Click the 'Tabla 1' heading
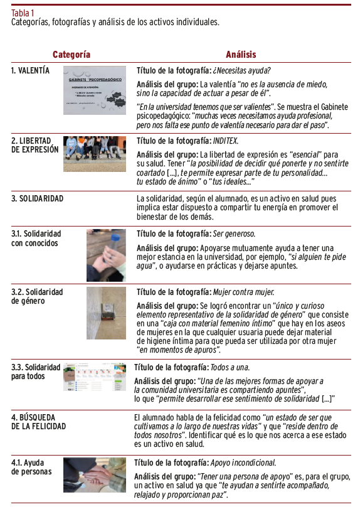tap(23, 13)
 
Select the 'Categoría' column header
tap(71, 55)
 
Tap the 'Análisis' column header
tap(241, 55)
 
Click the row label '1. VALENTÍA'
tap(30, 70)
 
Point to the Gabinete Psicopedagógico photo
tap(95, 90)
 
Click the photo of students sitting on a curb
tap(95, 154)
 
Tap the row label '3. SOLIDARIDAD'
tap(37, 198)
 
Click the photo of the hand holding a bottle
tap(107, 255)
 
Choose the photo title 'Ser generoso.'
tap(234, 234)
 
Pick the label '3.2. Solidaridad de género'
tap(37, 297)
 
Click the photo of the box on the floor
tap(107, 313)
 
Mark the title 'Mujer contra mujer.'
tap(244, 292)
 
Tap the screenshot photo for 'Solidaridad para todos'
tap(95, 376)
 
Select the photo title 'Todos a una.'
tap(230, 367)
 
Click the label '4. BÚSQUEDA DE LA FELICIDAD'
tap(38, 422)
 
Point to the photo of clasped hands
tap(95, 475)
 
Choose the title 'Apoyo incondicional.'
tap(243, 462)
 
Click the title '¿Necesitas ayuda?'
tap(241, 70)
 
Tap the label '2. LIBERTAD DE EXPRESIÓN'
tap(35, 145)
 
